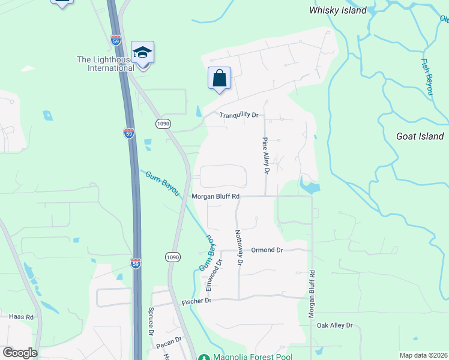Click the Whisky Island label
point(337,10)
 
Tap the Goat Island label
point(420,136)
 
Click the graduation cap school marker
point(143,53)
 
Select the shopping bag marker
point(219,79)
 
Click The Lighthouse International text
point(106,64)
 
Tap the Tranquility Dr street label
point(238,115)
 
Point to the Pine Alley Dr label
point(265,155)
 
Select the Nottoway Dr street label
point(239,247)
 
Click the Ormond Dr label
point(267,250)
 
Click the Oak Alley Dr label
point(335,325)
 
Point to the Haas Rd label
point(21,316)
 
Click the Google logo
point(20,353)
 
